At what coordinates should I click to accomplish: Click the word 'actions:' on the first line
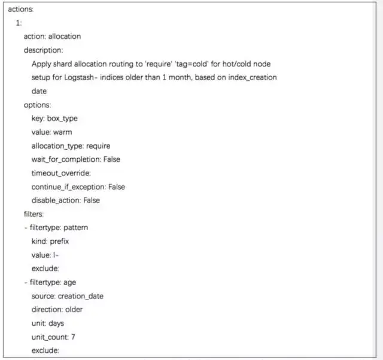(20, 10)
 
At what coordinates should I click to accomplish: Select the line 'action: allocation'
(52, 37)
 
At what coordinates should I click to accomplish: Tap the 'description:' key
(43, 50)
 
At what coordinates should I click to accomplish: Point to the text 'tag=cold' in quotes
(208, 64)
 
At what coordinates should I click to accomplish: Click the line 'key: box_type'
(54, 119)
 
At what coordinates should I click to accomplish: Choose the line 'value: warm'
(51, 132)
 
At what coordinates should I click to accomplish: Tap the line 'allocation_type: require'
(71, 146)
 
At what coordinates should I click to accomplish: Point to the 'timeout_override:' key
(60, 173)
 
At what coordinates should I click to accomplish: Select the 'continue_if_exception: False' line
(78, 187)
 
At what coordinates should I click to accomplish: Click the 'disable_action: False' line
(66, 200)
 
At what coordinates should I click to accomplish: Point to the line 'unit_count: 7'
(53, 337)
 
